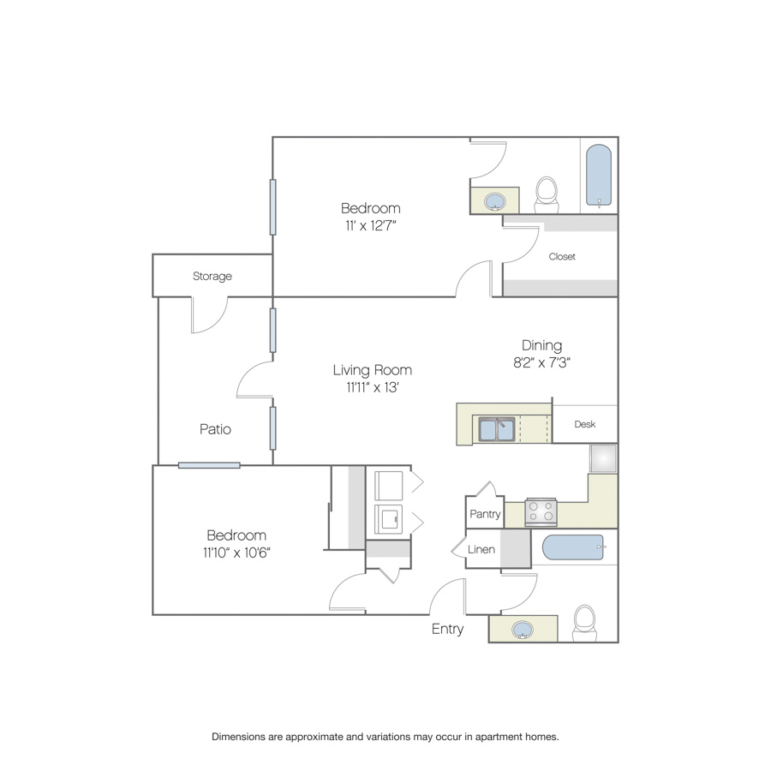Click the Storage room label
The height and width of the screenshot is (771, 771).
point(212,277)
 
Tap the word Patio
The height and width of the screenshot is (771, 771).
point(215,429)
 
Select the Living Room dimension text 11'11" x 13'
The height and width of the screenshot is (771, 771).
point(373,387)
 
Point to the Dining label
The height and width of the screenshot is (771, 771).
point(542,346)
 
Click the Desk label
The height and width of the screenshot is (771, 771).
point(584,424)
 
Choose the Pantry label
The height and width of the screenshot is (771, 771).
point(485,514)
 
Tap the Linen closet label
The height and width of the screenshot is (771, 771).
point(481,549)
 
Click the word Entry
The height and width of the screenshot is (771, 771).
point(447,629)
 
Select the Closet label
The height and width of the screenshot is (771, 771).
point(562,256)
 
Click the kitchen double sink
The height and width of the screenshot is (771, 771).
point(497,429)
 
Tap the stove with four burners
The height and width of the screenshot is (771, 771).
point(541,512)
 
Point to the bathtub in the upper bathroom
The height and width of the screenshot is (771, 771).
point(599,176)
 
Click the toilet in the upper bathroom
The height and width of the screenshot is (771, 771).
point(547,194)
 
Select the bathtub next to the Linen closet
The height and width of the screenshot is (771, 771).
point(573,547)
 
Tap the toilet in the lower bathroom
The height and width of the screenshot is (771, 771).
point(584,623)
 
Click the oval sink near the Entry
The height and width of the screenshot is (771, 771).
point(523,630)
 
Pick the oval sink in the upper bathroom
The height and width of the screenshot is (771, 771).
point(494,201)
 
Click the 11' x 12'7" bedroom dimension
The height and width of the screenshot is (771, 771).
point(371,225)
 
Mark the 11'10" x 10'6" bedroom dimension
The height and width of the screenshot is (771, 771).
point(236,553)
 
